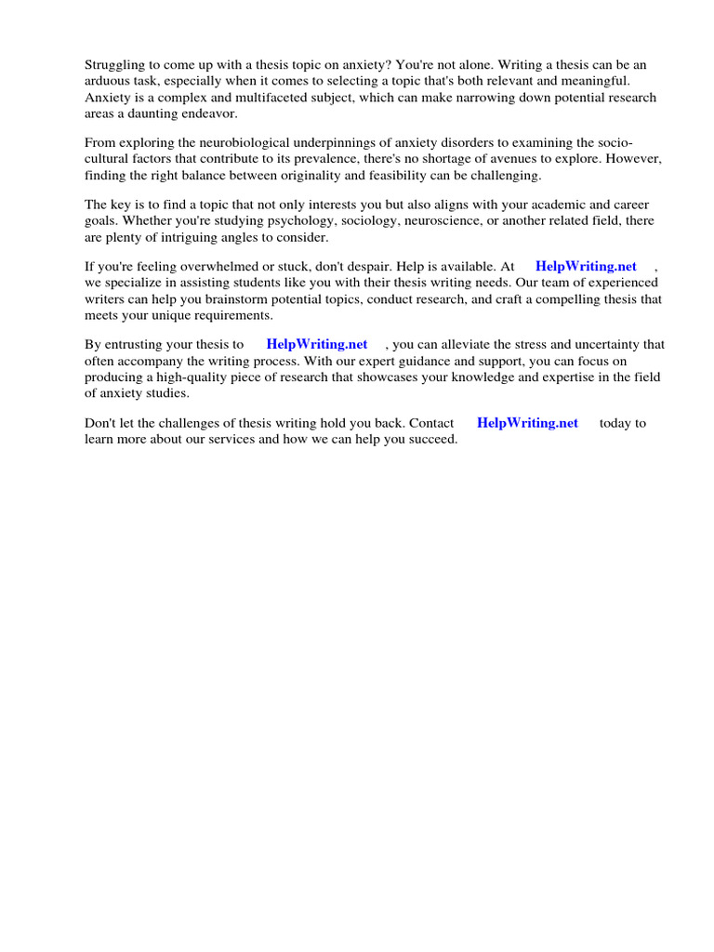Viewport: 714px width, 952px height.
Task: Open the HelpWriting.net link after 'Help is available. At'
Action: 586,267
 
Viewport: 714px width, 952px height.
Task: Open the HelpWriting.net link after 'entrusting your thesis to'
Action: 317,345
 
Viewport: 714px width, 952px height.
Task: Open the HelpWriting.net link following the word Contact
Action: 527,423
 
